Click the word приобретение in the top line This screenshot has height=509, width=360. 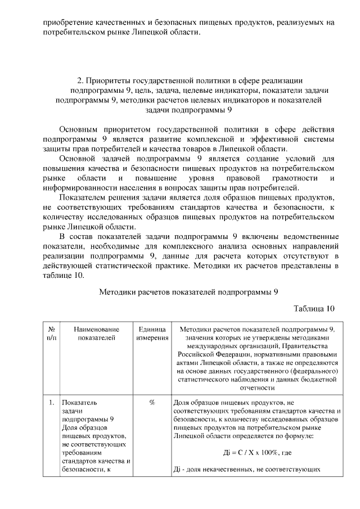[x=66, y=22]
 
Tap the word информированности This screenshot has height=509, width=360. [x=79, y=188]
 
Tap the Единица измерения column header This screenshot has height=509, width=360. [x=152, y=333]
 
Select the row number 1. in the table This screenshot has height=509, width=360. [x=51, y=403]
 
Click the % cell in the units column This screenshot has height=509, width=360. [x=152, y=403]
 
